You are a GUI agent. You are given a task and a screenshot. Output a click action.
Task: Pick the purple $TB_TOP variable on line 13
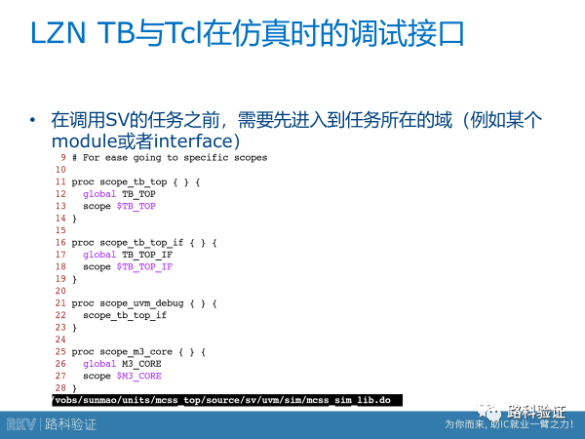[136, 206]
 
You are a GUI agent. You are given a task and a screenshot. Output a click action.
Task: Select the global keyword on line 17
[99, 255]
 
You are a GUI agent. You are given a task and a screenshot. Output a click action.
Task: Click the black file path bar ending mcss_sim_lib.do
[224, 400]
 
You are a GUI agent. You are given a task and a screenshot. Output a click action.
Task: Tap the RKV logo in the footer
[21, 424]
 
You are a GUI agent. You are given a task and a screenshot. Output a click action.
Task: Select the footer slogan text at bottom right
[509, 424]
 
